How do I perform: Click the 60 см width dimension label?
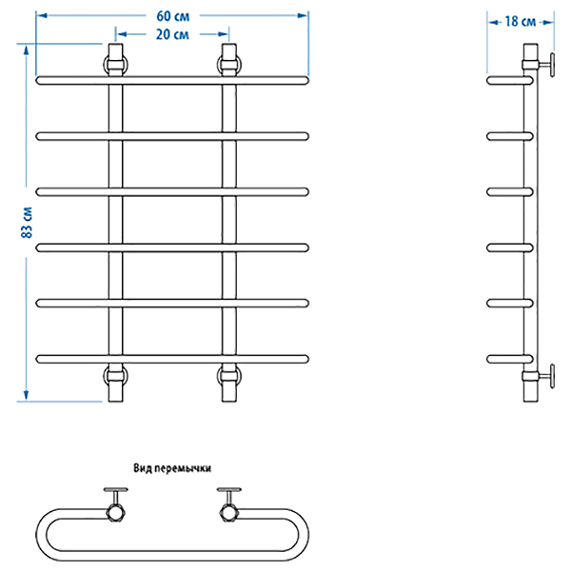172,14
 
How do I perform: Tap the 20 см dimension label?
172,35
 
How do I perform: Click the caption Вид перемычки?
172,468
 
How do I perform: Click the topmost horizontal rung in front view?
172,81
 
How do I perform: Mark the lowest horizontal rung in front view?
172,359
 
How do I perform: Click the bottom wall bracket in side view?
543,375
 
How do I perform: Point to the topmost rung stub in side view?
504,81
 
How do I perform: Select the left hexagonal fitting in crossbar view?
117,511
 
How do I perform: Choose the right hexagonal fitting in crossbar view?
228,511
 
